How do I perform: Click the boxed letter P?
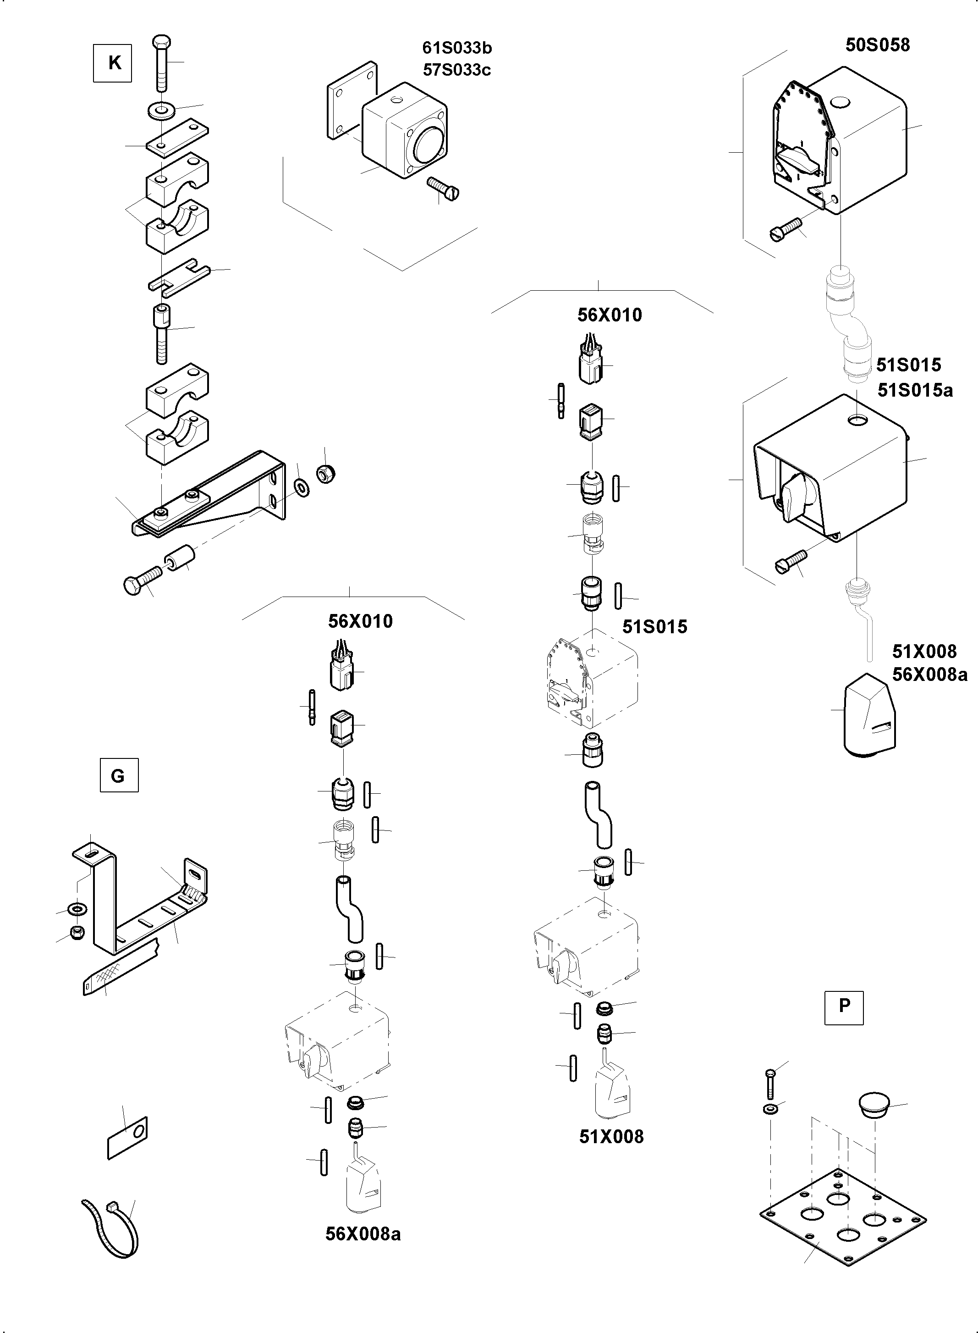tap(844, 1005)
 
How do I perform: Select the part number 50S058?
tap(877, 45)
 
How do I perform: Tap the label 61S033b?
tap(457, 47)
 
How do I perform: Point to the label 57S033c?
tap(457, 70)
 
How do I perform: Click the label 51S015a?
tap(915, 390)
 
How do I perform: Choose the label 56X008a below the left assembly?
tap(363, 1234)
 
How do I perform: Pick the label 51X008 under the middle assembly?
tap(611, 1136)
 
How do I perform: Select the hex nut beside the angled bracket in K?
tap(325, 473)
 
